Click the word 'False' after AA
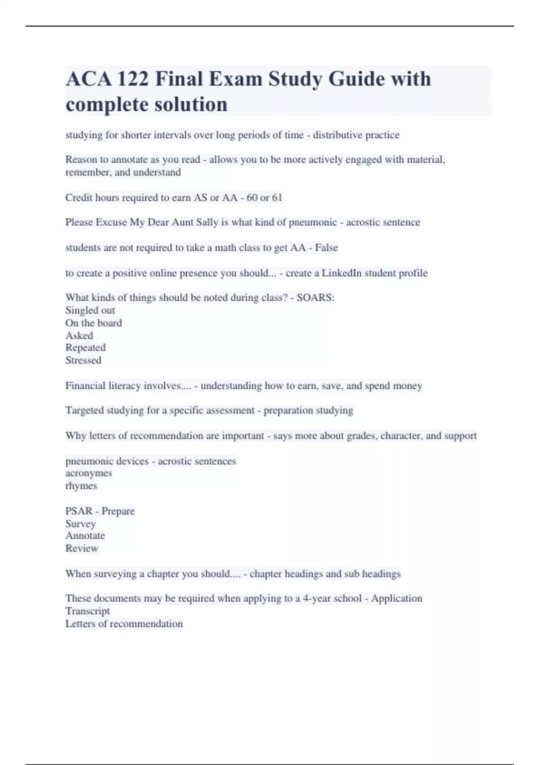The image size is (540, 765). point(326,247)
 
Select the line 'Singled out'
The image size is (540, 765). point(90,310)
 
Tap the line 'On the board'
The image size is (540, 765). point(94,323)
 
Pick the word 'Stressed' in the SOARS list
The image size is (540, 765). point(83,360)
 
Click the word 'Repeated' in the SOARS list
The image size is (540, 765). point(85,347)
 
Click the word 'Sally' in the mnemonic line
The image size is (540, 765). point(207,222)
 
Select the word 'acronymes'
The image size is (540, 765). point(89,473)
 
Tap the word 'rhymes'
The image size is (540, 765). point(81,486)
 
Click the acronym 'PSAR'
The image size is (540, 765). point(79,511)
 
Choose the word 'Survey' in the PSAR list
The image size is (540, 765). point(81,524)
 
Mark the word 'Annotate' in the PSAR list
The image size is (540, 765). point(85,535)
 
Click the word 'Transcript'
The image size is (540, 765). point(87,611)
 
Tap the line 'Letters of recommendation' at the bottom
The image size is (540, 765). point(124,624)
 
